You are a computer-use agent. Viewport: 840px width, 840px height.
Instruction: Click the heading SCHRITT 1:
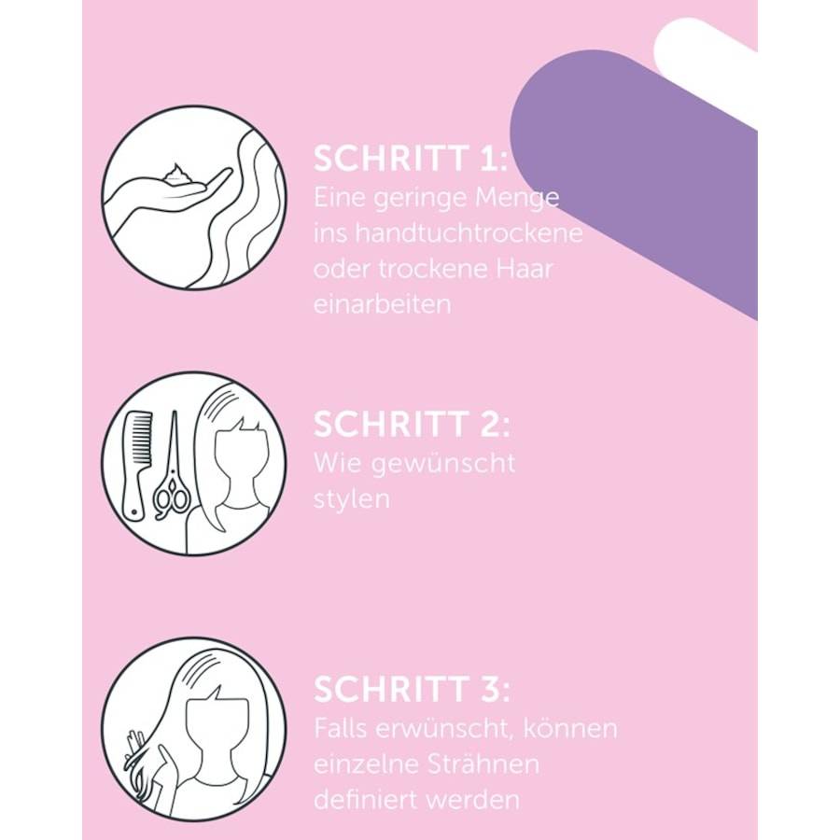coord(410,158)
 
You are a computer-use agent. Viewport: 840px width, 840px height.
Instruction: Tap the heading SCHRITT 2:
coord(412,424)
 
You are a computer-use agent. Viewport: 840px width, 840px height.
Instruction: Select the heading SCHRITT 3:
coord(412,689)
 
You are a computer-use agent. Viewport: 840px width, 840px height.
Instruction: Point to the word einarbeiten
coord(383,304)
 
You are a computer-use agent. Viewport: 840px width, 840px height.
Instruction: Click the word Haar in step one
coord(524,269)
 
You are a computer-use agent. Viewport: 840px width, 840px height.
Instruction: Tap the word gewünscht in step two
coord(443,464)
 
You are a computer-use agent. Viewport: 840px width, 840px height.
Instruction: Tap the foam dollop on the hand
coord(175,175)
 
